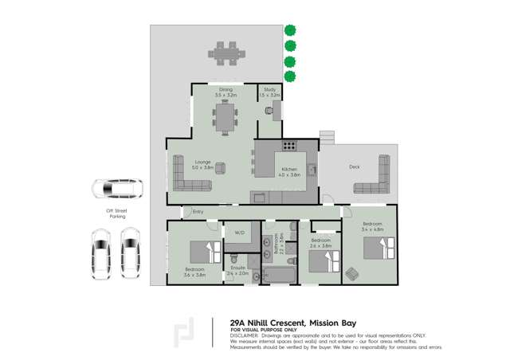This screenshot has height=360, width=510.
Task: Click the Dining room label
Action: tap(226, 90)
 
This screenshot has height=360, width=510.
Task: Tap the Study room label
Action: tap(270, 90)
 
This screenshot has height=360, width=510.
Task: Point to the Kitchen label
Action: tap(288, 169)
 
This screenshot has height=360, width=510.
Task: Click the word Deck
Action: tap(355, 166)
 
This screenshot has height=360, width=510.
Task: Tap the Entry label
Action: tap(198, 211)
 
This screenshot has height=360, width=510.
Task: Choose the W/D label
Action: tap(239, 233)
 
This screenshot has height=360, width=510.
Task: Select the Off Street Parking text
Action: tap(117, 213)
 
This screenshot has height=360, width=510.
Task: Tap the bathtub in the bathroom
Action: tap(278, 276)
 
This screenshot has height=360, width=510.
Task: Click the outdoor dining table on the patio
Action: tap(226, 53)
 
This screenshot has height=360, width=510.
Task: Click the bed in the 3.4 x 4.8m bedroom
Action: tap(379, 248)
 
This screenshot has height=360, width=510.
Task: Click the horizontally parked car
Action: tap(117, 189)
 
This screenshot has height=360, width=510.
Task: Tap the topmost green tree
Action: tap(291, 30)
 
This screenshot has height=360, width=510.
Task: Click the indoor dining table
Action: tap(226, 117)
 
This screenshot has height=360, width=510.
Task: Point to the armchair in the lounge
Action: tap(221, 168)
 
